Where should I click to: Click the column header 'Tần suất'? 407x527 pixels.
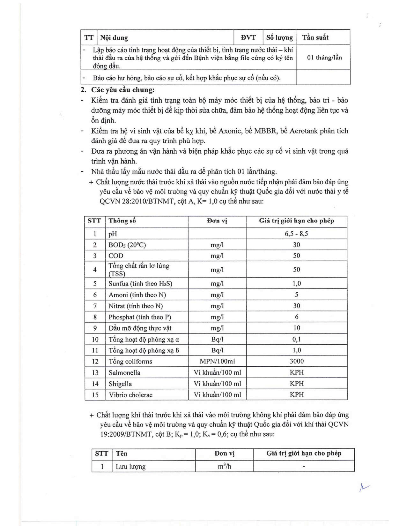tap(315, 37)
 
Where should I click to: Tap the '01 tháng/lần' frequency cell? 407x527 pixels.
tap(324, 57)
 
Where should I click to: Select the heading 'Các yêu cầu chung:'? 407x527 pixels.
tap(123, 90)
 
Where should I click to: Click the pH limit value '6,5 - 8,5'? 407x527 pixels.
tap(296, 234)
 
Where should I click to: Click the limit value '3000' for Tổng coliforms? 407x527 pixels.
tap(296, 361)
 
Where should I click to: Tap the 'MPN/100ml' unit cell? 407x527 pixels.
tap(217, 361)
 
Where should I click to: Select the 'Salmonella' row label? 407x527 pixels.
tap(124, 372)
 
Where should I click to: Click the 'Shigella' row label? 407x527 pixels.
tap(120, 384)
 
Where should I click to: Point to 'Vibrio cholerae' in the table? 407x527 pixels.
tap(130, 395)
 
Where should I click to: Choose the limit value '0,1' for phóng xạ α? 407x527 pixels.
tap(296, 339)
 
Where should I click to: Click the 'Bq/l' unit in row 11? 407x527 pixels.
tap(217, 350)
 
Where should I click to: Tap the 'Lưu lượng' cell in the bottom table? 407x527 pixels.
tap(130, 466)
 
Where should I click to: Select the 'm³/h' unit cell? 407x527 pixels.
tap(224, 466)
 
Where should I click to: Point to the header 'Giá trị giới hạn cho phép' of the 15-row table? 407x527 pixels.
tap(296, 221)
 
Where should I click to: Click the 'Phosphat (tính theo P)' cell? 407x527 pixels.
tap(140, 317)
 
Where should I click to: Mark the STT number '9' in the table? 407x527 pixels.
tap(95, 328)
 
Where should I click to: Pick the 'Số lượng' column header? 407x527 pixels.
tap(279, 37)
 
